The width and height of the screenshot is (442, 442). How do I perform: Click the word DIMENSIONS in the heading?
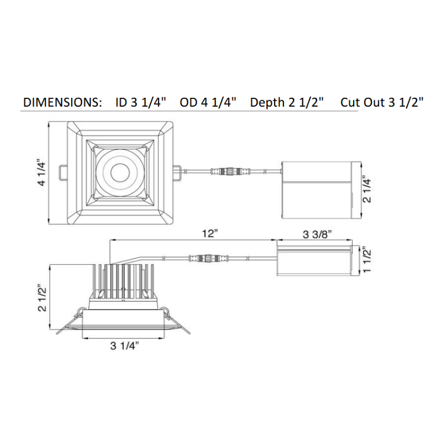click(x=62, y=102)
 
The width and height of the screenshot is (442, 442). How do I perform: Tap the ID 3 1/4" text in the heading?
click(x=141, y=102)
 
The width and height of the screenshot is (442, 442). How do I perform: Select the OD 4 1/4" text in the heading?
click(x=208, y=102)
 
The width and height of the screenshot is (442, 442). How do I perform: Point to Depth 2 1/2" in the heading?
click(x=287, y=102)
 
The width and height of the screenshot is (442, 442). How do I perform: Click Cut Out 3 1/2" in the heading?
click(x=382, y=102)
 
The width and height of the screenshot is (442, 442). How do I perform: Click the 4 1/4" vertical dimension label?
click(x=41, y=173)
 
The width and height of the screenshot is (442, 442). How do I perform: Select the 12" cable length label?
click(x=211, y=234)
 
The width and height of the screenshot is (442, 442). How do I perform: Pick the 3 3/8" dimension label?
click(x=317, y=234)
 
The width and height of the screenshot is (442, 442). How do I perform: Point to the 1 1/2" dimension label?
click(x=366, y=260)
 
